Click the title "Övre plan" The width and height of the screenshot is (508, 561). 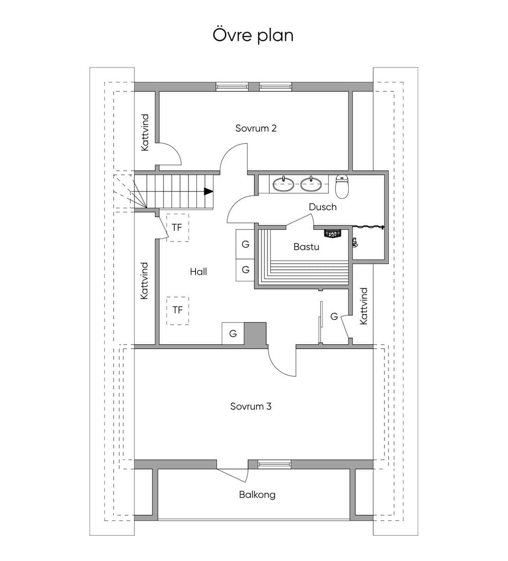click(x=253, y=35)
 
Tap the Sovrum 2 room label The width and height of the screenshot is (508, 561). click(x=256, y=128)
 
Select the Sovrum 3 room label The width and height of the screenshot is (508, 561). click(x=251, y=406)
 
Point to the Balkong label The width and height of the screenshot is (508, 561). click(x=257, y=495)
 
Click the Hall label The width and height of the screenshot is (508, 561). click(x=198, y=271)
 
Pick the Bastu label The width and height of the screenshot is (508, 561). click(x=306, y=247)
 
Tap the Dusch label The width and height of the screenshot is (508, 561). click(x=322, y=207)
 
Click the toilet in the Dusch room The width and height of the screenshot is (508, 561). click(x=342, y=187)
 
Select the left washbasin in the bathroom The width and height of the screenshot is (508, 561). click(x=284, y=184)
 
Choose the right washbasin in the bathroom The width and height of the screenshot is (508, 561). click(x=311, y=184)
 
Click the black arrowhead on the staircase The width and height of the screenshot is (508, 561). click(x=208, y=191)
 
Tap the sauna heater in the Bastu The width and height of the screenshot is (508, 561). click(x=333, y=234)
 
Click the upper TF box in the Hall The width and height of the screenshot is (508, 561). click(x=178, y=228)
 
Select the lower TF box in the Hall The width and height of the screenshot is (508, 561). click(x=178, y=310)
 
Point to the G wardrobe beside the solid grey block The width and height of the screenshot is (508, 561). click(x=233, y=333)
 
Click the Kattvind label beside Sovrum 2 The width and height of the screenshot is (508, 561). click(x=145, y=132)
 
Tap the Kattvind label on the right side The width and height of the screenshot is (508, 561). click(x=364, y=306)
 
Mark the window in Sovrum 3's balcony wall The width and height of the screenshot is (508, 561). click(x=274, y=464)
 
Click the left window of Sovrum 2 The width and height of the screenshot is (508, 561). click(x=232, y=86)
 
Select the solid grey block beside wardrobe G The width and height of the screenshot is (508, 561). click(x=255, y=333)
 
